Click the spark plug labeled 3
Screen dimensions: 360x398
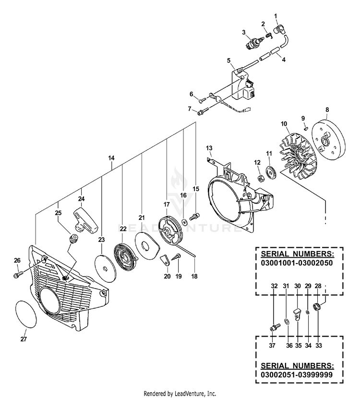[254, 43]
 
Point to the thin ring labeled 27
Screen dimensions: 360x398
[26, 314]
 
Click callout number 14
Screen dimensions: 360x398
[111, 158]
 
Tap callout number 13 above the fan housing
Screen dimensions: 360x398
[209, 148]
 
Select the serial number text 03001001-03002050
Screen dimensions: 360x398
[297, 263]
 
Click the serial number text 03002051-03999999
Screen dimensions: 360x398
[297, 374]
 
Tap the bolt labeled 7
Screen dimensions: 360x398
[203, 111]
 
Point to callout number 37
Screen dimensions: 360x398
[272, 346]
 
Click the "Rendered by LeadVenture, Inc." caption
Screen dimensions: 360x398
[180, 394]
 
